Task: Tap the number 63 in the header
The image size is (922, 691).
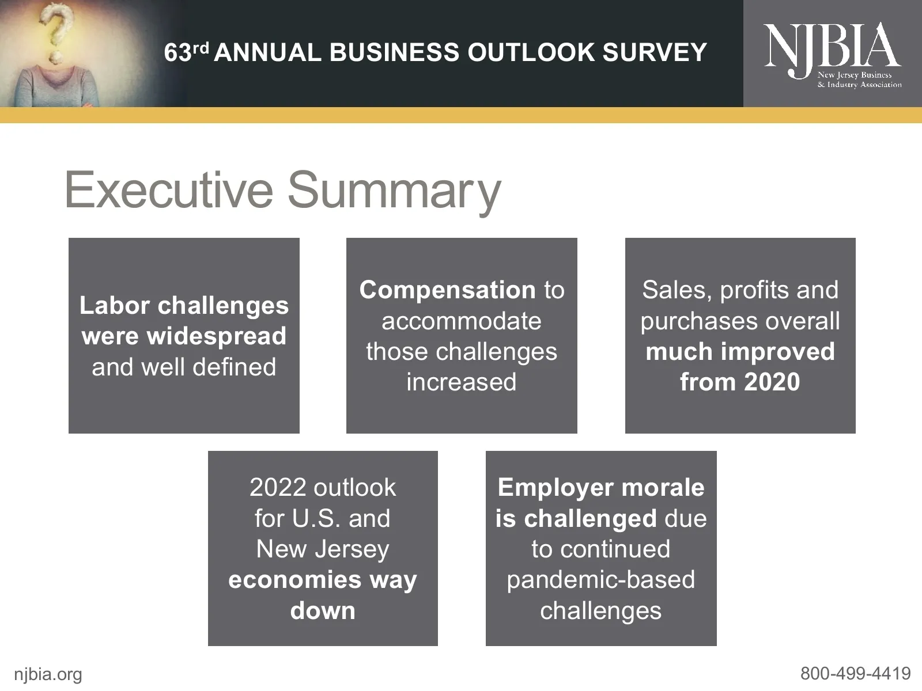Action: (177, 53)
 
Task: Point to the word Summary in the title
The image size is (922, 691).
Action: (394, 191)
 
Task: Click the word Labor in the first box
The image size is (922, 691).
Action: (115, 305)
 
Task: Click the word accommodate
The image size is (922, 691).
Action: (461, 321)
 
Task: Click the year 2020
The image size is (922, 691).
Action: (772, 382)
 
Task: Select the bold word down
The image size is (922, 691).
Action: (323, 610)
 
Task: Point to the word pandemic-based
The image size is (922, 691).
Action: (600, 580)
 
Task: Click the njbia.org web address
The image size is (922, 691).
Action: (48, 674)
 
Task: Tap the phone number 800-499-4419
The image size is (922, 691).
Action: (855, 673)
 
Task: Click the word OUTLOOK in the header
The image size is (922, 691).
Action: (531, 52)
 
